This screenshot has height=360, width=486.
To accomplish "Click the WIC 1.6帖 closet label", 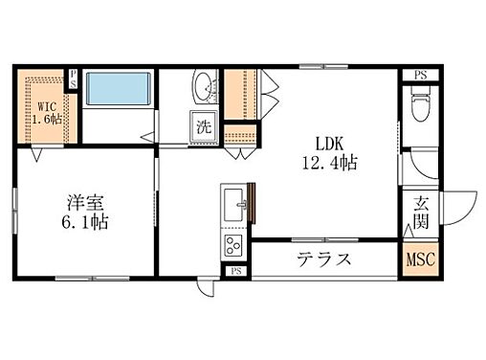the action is click(47, 112).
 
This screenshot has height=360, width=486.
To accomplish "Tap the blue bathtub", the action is click(119, 88).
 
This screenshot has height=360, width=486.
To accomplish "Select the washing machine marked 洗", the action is click(204, 126).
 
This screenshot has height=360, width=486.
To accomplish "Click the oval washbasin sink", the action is click(203, 87).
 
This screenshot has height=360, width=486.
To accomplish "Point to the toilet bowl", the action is click(421, 103).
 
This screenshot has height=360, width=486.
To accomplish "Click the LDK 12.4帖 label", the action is click(329, 153).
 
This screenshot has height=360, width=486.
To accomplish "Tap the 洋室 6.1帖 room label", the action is click(85, 213).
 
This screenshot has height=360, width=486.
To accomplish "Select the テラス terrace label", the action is click(324, 259).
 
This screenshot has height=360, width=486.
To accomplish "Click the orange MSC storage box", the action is click(420, 259).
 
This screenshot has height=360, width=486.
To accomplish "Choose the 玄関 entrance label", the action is click(421, 213).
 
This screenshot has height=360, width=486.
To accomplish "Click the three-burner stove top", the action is click(233, 245).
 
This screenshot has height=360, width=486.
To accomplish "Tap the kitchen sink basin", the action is click(233, 205).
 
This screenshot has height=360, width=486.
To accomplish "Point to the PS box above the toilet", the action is click(420, 76).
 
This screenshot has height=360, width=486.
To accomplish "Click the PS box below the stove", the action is click(236, 272).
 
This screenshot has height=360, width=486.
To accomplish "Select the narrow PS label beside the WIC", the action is click(73, 79).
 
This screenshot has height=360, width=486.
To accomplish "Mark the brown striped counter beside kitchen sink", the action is click(252, 203).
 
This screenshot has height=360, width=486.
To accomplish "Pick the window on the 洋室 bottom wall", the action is click(93, 279).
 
